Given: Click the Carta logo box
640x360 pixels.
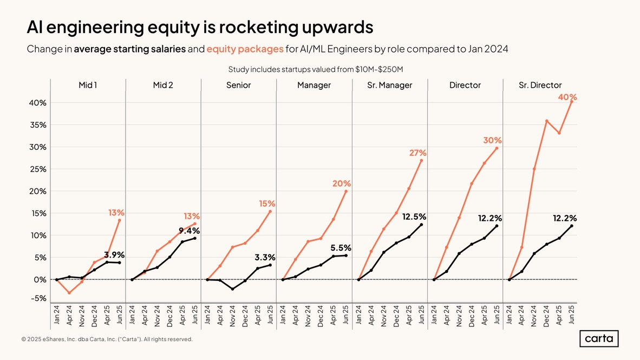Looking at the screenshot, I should click(599, 339).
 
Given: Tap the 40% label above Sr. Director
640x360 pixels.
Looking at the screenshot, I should click(567, 97).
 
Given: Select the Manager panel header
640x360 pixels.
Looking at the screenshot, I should click(314, 85).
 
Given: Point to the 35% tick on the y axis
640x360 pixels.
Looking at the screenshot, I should click(37, 125).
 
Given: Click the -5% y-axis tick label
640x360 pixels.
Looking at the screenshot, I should click(37, 298).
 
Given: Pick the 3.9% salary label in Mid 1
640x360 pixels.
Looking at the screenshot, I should click(114, 254).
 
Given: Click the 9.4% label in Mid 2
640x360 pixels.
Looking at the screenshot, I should click(189, 231).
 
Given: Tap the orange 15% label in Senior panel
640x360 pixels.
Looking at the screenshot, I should click(266, 204).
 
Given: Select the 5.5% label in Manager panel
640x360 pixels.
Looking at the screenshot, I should click(341, 248).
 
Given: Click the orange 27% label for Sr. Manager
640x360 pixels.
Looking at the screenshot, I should click(418, 153).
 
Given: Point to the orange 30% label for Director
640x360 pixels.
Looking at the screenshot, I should click(492, 140).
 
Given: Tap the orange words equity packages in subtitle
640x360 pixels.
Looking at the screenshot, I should click(245, 49).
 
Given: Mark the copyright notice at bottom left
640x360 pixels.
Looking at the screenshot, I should click(107, 339).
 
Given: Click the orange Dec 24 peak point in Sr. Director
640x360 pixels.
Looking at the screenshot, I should click(547, 121).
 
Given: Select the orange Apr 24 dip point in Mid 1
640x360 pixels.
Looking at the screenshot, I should click(69, 293).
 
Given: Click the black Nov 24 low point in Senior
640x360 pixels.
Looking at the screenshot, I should click(232, 289).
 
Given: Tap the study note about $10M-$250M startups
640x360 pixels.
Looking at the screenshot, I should click(316, 69).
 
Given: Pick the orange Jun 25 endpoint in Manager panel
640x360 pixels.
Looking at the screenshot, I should click(346, 191).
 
